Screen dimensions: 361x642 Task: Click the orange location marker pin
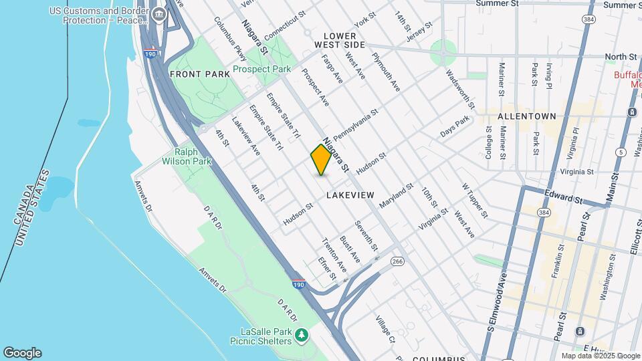pyautogui.click(x=321, y=160)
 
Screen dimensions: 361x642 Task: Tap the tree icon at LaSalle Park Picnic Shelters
pyautogui.click(x=302, y=333)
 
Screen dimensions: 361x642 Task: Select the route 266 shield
pyautogui.click(x=398, y=261)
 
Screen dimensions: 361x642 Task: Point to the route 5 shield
pyautogui.click(x=621, y=152)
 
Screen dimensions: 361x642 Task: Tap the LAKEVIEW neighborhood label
pyautogui.click(x=350, y=195)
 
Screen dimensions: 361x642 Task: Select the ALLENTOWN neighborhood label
pyautogui.click(x=526, y=116)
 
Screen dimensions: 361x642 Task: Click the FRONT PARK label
pyautogui.click(x=195, y=74)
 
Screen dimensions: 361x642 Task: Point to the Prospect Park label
pyautogui.click(x=261, y=69)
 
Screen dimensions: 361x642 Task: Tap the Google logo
pyautogui.click(x=22, y=352)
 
